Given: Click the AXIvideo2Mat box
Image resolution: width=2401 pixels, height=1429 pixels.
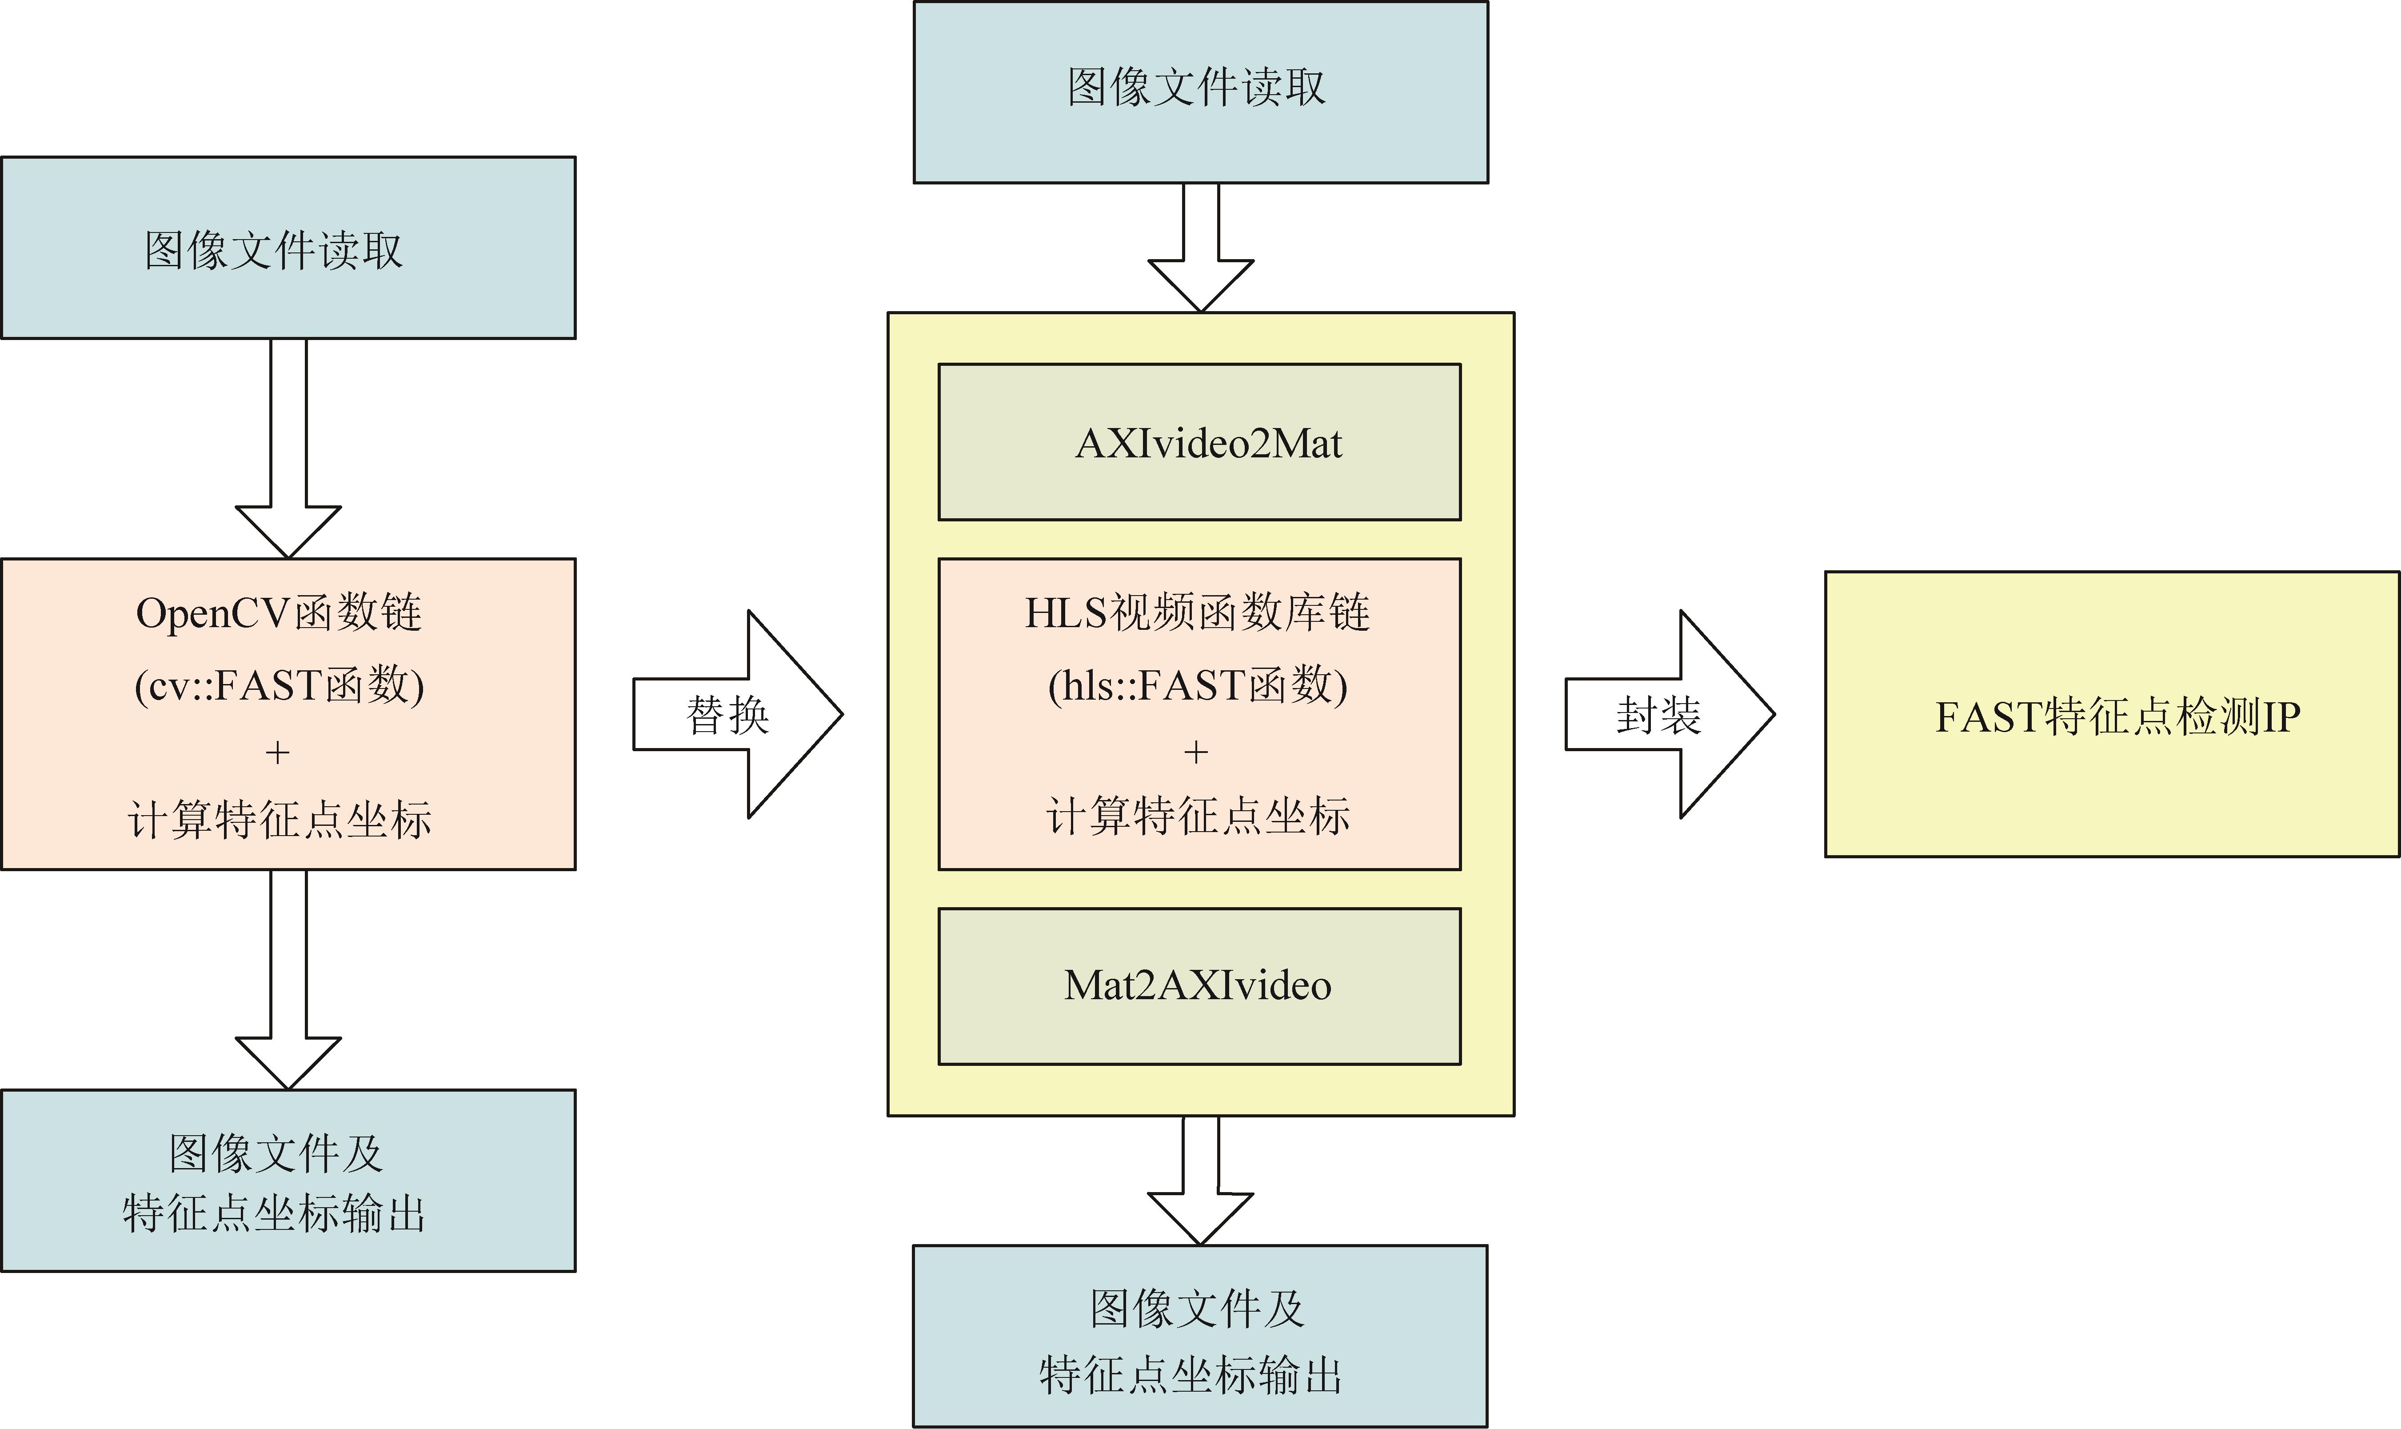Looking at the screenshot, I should [1199, 442].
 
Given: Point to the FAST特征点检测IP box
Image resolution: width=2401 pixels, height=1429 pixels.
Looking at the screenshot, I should [2112, 715].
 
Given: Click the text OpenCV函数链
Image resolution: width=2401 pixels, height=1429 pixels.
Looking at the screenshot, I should [279, 612].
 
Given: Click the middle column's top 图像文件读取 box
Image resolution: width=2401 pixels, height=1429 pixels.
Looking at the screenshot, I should [1201, 92].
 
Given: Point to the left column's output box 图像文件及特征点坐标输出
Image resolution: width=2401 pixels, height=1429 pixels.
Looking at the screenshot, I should [288, 1181].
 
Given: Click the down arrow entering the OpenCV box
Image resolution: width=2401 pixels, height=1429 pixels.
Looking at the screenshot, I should [288, 448].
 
